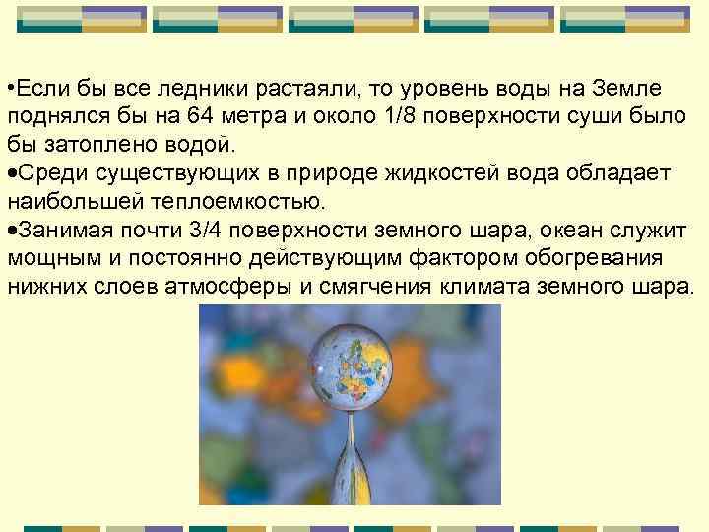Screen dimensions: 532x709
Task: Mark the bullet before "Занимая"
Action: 11,231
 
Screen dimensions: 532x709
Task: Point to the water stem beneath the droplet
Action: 349,463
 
